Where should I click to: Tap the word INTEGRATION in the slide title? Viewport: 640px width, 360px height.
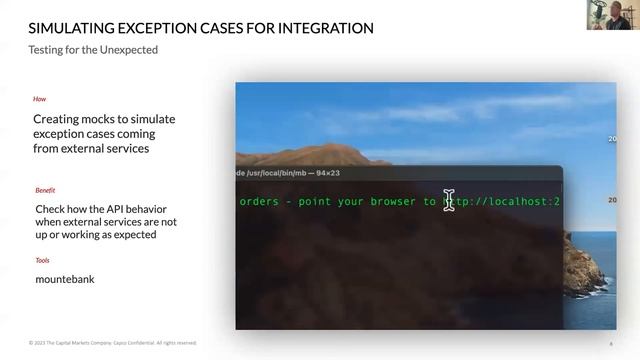coord(317,28)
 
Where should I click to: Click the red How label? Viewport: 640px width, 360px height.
coord(39,100)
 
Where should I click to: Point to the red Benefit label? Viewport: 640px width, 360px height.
coord(45,189)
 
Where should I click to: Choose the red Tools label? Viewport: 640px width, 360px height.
coord(42,260)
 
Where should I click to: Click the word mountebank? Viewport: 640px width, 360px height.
coord(64,279)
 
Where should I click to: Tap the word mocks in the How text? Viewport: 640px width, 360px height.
coord(101,119)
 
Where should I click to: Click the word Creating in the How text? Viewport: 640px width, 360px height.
coord(56,119)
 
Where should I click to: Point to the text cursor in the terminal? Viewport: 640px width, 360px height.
coord(449,200)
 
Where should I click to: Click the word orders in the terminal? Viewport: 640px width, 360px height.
coord(259,201)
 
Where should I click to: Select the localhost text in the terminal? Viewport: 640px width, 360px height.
coord(515,201)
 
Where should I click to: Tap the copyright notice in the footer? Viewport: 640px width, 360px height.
coord(112,343)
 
